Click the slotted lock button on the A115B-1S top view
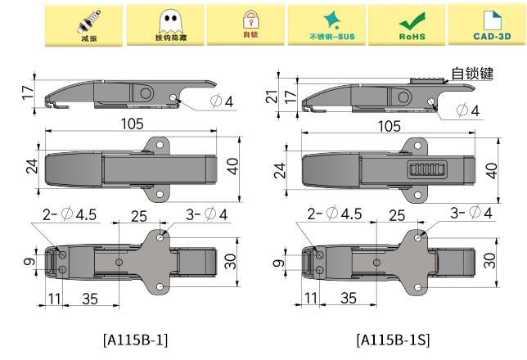tap(426, 170)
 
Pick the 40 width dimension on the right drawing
tap(491, 170)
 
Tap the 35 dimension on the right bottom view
tap(349, 298)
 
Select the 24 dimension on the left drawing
tap(31, 167)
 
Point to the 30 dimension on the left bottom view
tap(231, 262)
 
